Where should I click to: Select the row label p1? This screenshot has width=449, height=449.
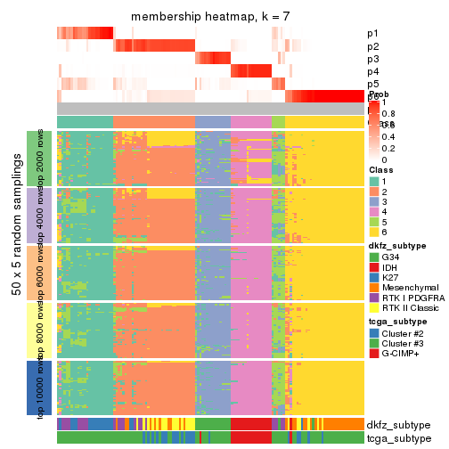(x=372, y=34)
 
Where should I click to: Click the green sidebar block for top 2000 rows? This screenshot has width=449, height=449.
(x=33, y=158)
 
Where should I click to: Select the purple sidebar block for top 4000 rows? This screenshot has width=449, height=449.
(x=33, y=216)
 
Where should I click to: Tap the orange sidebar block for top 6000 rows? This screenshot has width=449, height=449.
(x=33, y=273)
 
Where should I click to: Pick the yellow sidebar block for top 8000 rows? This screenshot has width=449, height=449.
(x=33, y=331)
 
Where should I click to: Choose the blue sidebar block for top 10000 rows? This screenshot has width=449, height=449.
(x=33, y=388)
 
